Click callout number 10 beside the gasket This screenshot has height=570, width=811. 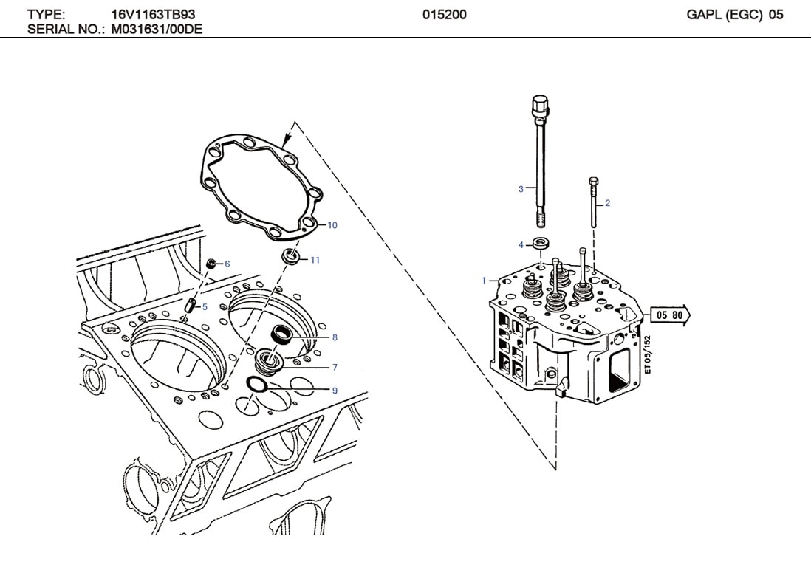click(x=332, y=225)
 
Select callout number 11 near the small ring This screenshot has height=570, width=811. click(x=315, y=260)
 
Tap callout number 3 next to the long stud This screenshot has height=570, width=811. click(x=521, y=190)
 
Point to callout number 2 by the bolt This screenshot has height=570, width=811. click(x=607, y=203)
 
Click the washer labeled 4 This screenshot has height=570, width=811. click(x=541, y=244)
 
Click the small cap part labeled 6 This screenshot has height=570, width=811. click(x=211, y=263)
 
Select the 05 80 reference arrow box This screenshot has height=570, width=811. click(x=670, y=316)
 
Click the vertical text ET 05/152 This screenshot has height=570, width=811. click(x=648, y=355)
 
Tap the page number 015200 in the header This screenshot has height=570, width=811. click(x=445, y=15)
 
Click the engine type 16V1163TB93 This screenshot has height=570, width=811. click(x=154, y=15)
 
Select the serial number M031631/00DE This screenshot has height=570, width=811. click(x=157, y=30)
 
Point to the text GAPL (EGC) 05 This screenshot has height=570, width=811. click(x=734, y=15)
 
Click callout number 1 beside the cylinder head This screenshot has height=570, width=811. click(x=484, y=281)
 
